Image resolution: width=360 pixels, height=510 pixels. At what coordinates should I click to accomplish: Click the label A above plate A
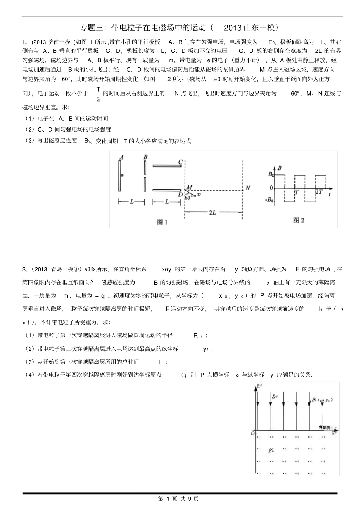click(x=121, y=157)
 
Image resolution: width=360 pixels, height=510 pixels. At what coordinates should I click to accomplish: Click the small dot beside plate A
click(x=122, y=176)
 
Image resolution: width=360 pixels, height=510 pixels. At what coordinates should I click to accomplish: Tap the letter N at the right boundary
click(x=248, y=188)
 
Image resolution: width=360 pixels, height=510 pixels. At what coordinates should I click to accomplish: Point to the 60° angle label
click(x=188, y=197)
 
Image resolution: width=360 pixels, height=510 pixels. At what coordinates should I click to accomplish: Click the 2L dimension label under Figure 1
click(x=213, y=213)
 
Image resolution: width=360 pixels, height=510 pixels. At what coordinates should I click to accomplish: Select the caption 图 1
click(x=162, y=223)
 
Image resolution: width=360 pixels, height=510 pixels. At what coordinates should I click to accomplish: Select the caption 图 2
click(x=299, y=220)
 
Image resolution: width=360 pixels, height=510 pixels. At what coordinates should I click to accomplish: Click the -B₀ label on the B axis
click(x=270, y=200)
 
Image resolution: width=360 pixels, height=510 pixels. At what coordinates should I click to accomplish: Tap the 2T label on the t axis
click(x=319, y=192)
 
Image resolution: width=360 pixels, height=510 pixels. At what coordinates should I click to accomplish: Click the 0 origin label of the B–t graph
click(x=271, y=188)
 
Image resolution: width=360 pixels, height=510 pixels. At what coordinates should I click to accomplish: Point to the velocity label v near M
click(x=199, y=195)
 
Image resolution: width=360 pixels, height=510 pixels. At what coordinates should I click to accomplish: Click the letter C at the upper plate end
click(x=181, y=162)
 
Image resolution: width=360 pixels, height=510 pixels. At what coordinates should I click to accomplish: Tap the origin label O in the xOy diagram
click(x=253, y=433)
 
